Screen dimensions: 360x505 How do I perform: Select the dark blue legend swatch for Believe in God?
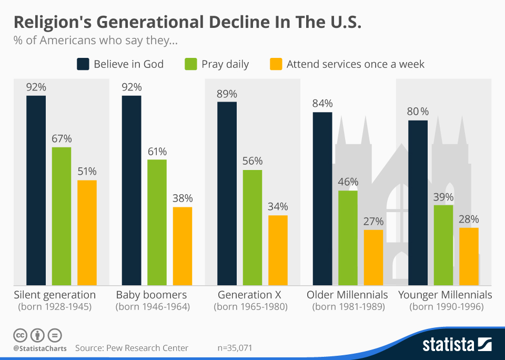point(83,64)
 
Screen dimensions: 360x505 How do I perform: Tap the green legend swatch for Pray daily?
point(191,64)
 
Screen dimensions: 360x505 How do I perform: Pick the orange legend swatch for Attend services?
point(276,64)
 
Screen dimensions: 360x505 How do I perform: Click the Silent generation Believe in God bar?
point(36,190)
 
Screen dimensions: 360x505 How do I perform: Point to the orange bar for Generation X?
point(278,250)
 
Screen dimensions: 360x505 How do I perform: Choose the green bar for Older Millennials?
point(348,237)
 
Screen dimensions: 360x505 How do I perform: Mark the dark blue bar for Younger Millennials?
point(418,203)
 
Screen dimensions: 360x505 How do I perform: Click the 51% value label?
point(87,172)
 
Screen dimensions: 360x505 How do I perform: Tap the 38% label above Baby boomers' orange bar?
point(183,198)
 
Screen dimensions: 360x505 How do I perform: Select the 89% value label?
point(227,94)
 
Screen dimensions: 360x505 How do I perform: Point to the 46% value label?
point(348,182)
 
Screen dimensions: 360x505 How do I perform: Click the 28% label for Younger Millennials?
point(468,219)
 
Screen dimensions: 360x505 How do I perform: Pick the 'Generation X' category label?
point(250,295)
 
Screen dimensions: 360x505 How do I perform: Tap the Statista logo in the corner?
point(457,345)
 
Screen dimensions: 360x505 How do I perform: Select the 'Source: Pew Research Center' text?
point(132,348)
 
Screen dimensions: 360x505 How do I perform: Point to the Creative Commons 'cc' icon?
point(20,335)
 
